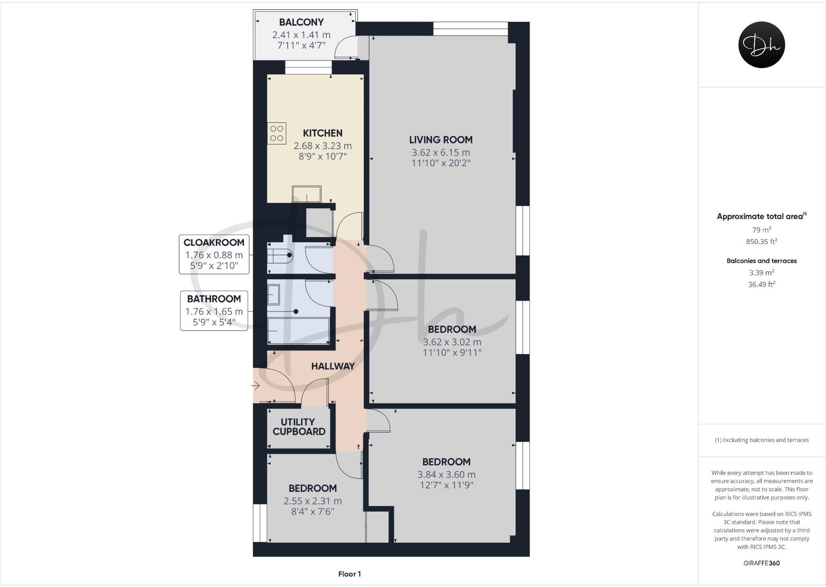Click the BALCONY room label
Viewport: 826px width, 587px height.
301,22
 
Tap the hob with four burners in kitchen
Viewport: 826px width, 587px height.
277,133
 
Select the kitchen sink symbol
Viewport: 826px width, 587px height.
307,194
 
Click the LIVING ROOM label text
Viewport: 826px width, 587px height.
441,140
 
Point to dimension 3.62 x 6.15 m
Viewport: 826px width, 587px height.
441,153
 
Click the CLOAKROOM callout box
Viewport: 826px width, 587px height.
214,254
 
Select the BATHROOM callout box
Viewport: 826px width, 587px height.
214,311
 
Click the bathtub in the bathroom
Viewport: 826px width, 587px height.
298,331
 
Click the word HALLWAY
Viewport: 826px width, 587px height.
333,366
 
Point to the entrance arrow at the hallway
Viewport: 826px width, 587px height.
256,386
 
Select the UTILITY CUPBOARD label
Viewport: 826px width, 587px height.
298,427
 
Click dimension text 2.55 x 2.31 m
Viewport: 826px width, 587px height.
313,501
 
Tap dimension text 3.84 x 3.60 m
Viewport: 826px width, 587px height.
446,475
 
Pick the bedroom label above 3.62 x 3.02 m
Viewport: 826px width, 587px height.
452,330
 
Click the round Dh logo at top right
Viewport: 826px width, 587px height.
761,45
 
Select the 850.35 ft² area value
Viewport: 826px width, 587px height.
761,242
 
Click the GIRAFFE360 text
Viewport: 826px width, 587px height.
761,563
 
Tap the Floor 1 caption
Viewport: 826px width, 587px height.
349,574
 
